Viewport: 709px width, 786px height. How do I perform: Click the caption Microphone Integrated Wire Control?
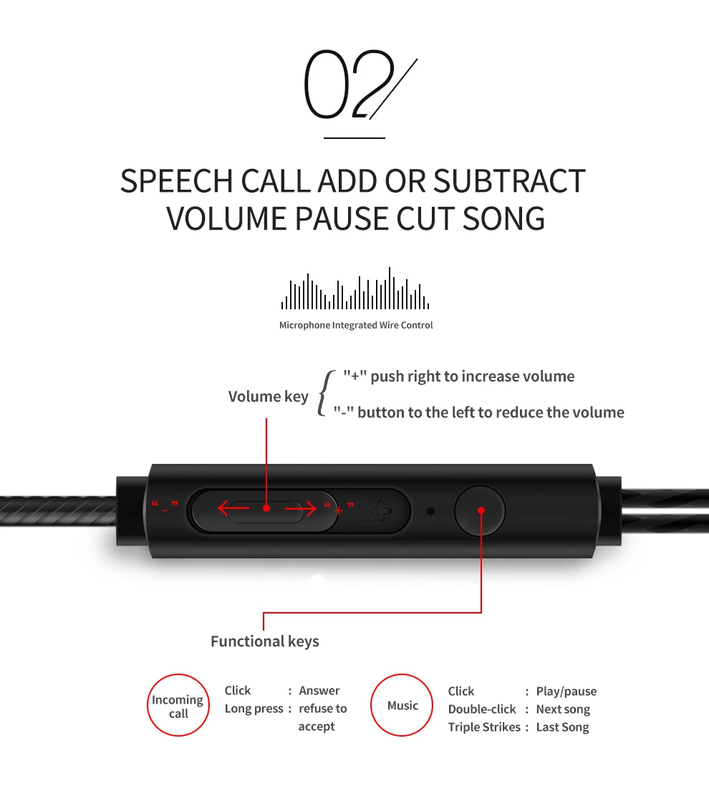[x=356, y=325]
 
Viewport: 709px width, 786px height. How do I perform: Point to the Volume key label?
[x=268, y=397]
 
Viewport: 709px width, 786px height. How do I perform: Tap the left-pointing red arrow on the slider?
[x=233, y=509]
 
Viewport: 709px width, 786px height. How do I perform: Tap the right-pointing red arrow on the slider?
[x=301, y=509]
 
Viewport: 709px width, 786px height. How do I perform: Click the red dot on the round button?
[x=481, y=510]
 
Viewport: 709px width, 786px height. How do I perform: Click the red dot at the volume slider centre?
[x=266, y=508]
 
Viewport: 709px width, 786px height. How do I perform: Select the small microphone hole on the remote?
[x=430, y=512]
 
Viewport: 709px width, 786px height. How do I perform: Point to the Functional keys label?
[x=265, y=641]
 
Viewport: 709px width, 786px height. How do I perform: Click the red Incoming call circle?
[x=178, y=706]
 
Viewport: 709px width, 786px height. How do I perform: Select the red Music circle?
[x=402, y=706]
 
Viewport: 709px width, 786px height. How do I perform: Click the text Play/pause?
[x=566, y=692]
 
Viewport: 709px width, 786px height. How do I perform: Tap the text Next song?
[x=563, y=709]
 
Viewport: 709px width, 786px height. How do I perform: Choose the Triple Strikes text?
[x=484, y=727]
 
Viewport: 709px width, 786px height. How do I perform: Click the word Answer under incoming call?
[x=319, y=691]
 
